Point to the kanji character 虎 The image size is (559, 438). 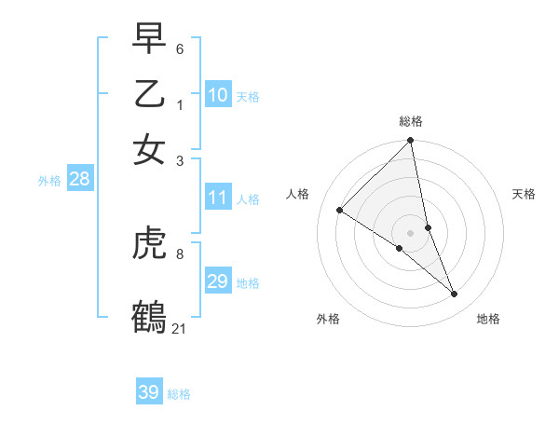(x=150, y=244)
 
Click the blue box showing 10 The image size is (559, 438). (x=218, y=95)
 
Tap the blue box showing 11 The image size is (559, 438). (x=218, y=198)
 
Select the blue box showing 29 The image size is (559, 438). (x=218, y=281)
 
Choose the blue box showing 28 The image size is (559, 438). (x=79, y=180)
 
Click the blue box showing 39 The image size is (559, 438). (x=149, y=392)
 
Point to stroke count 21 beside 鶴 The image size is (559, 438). (x=179, y=327)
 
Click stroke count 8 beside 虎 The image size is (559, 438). (x=180, y=253)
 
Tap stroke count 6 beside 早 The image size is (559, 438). (x=180, y=48)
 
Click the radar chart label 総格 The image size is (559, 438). (x=411, y=121)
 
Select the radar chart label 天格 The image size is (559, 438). (x=524, y=194)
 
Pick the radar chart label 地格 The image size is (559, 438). (x=488, y=319)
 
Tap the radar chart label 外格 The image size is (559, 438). (x=328, y=319)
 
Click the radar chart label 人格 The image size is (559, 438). (x=298, y=194)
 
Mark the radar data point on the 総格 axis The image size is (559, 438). (x=411, y=142)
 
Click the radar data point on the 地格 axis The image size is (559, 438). (x=455, y=294)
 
